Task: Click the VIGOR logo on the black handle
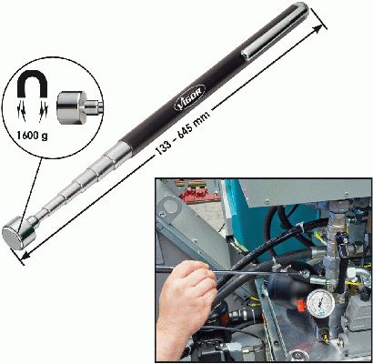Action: click(190, 97)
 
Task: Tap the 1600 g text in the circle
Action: click(32, 136)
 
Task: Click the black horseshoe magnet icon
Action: click(32, 84)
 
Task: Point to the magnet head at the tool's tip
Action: click(19, 233)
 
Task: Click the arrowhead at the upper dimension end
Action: click(317, 29)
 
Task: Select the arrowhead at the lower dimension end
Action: click(25, 256)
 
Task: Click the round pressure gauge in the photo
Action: click(321, 303)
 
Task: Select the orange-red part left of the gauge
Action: click(300, 305)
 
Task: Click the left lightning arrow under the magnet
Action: click(23, 112)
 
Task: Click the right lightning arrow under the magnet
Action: click(43, 112)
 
